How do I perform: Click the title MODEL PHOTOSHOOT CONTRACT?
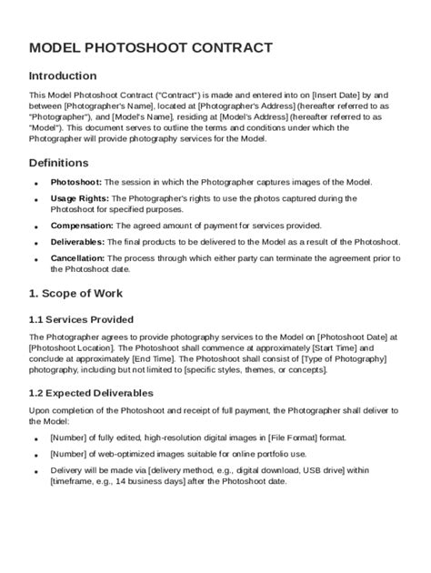[x=151, y=47]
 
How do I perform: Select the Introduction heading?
[x=63, y=75]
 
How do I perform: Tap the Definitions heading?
[x=58, y=162]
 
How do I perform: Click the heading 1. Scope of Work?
[x=75, y=294]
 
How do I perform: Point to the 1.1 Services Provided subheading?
[x=81, y=319]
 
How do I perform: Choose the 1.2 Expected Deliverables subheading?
[x=91, y=393]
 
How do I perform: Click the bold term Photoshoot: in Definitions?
[x=76, y=183]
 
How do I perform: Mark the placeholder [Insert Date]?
[x=336, y=94]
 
